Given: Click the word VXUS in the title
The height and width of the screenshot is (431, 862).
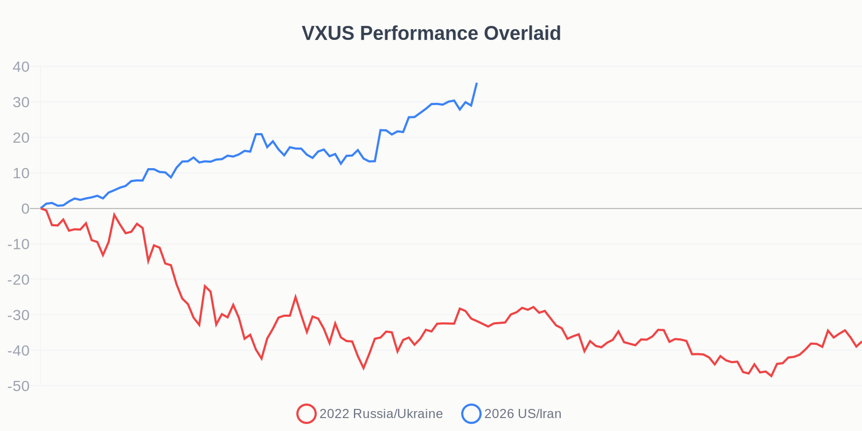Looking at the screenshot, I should coord(328,33).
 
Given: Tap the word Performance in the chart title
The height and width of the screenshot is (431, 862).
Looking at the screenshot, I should coord(419,33).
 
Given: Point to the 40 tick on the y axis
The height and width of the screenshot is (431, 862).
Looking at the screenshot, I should coord(21,67).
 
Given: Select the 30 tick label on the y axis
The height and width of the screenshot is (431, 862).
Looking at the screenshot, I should coord(21,102).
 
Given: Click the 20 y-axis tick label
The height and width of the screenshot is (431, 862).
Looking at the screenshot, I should coord(21,138).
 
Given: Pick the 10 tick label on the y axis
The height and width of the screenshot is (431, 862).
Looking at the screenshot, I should coord(21,173).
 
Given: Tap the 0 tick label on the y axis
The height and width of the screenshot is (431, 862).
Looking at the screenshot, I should coord(25,209).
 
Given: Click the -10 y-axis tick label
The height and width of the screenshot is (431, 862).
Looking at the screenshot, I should coord(18,244).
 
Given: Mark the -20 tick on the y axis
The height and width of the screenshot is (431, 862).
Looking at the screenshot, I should coord(18,280).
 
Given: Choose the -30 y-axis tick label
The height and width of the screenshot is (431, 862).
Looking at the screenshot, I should coord(18,315).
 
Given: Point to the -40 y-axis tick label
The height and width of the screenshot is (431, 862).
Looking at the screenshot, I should coord(18,351).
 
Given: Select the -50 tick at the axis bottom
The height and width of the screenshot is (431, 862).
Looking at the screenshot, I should coord(18,386).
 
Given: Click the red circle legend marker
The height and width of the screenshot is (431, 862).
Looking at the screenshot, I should coord(306,414).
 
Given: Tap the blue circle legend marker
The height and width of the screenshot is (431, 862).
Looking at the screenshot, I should coord(471,414).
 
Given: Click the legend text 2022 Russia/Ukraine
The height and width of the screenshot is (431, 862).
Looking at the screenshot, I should coord(381,414).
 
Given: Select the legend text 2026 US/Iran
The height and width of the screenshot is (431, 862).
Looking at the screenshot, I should coord(523,414).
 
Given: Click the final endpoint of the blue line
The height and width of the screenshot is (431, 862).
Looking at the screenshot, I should coord(477,84).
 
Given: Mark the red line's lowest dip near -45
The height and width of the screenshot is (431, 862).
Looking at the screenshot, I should coord(364,368).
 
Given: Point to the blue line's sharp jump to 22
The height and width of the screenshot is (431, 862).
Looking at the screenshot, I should coord(380,130).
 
